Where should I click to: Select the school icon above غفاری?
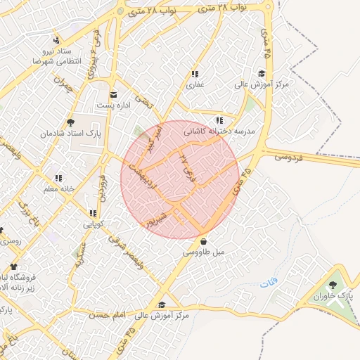194,74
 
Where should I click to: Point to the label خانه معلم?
58,188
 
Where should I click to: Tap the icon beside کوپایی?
93,213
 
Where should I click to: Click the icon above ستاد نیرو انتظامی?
56,40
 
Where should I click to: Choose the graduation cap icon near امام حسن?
163,305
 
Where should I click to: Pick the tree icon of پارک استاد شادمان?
70,122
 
